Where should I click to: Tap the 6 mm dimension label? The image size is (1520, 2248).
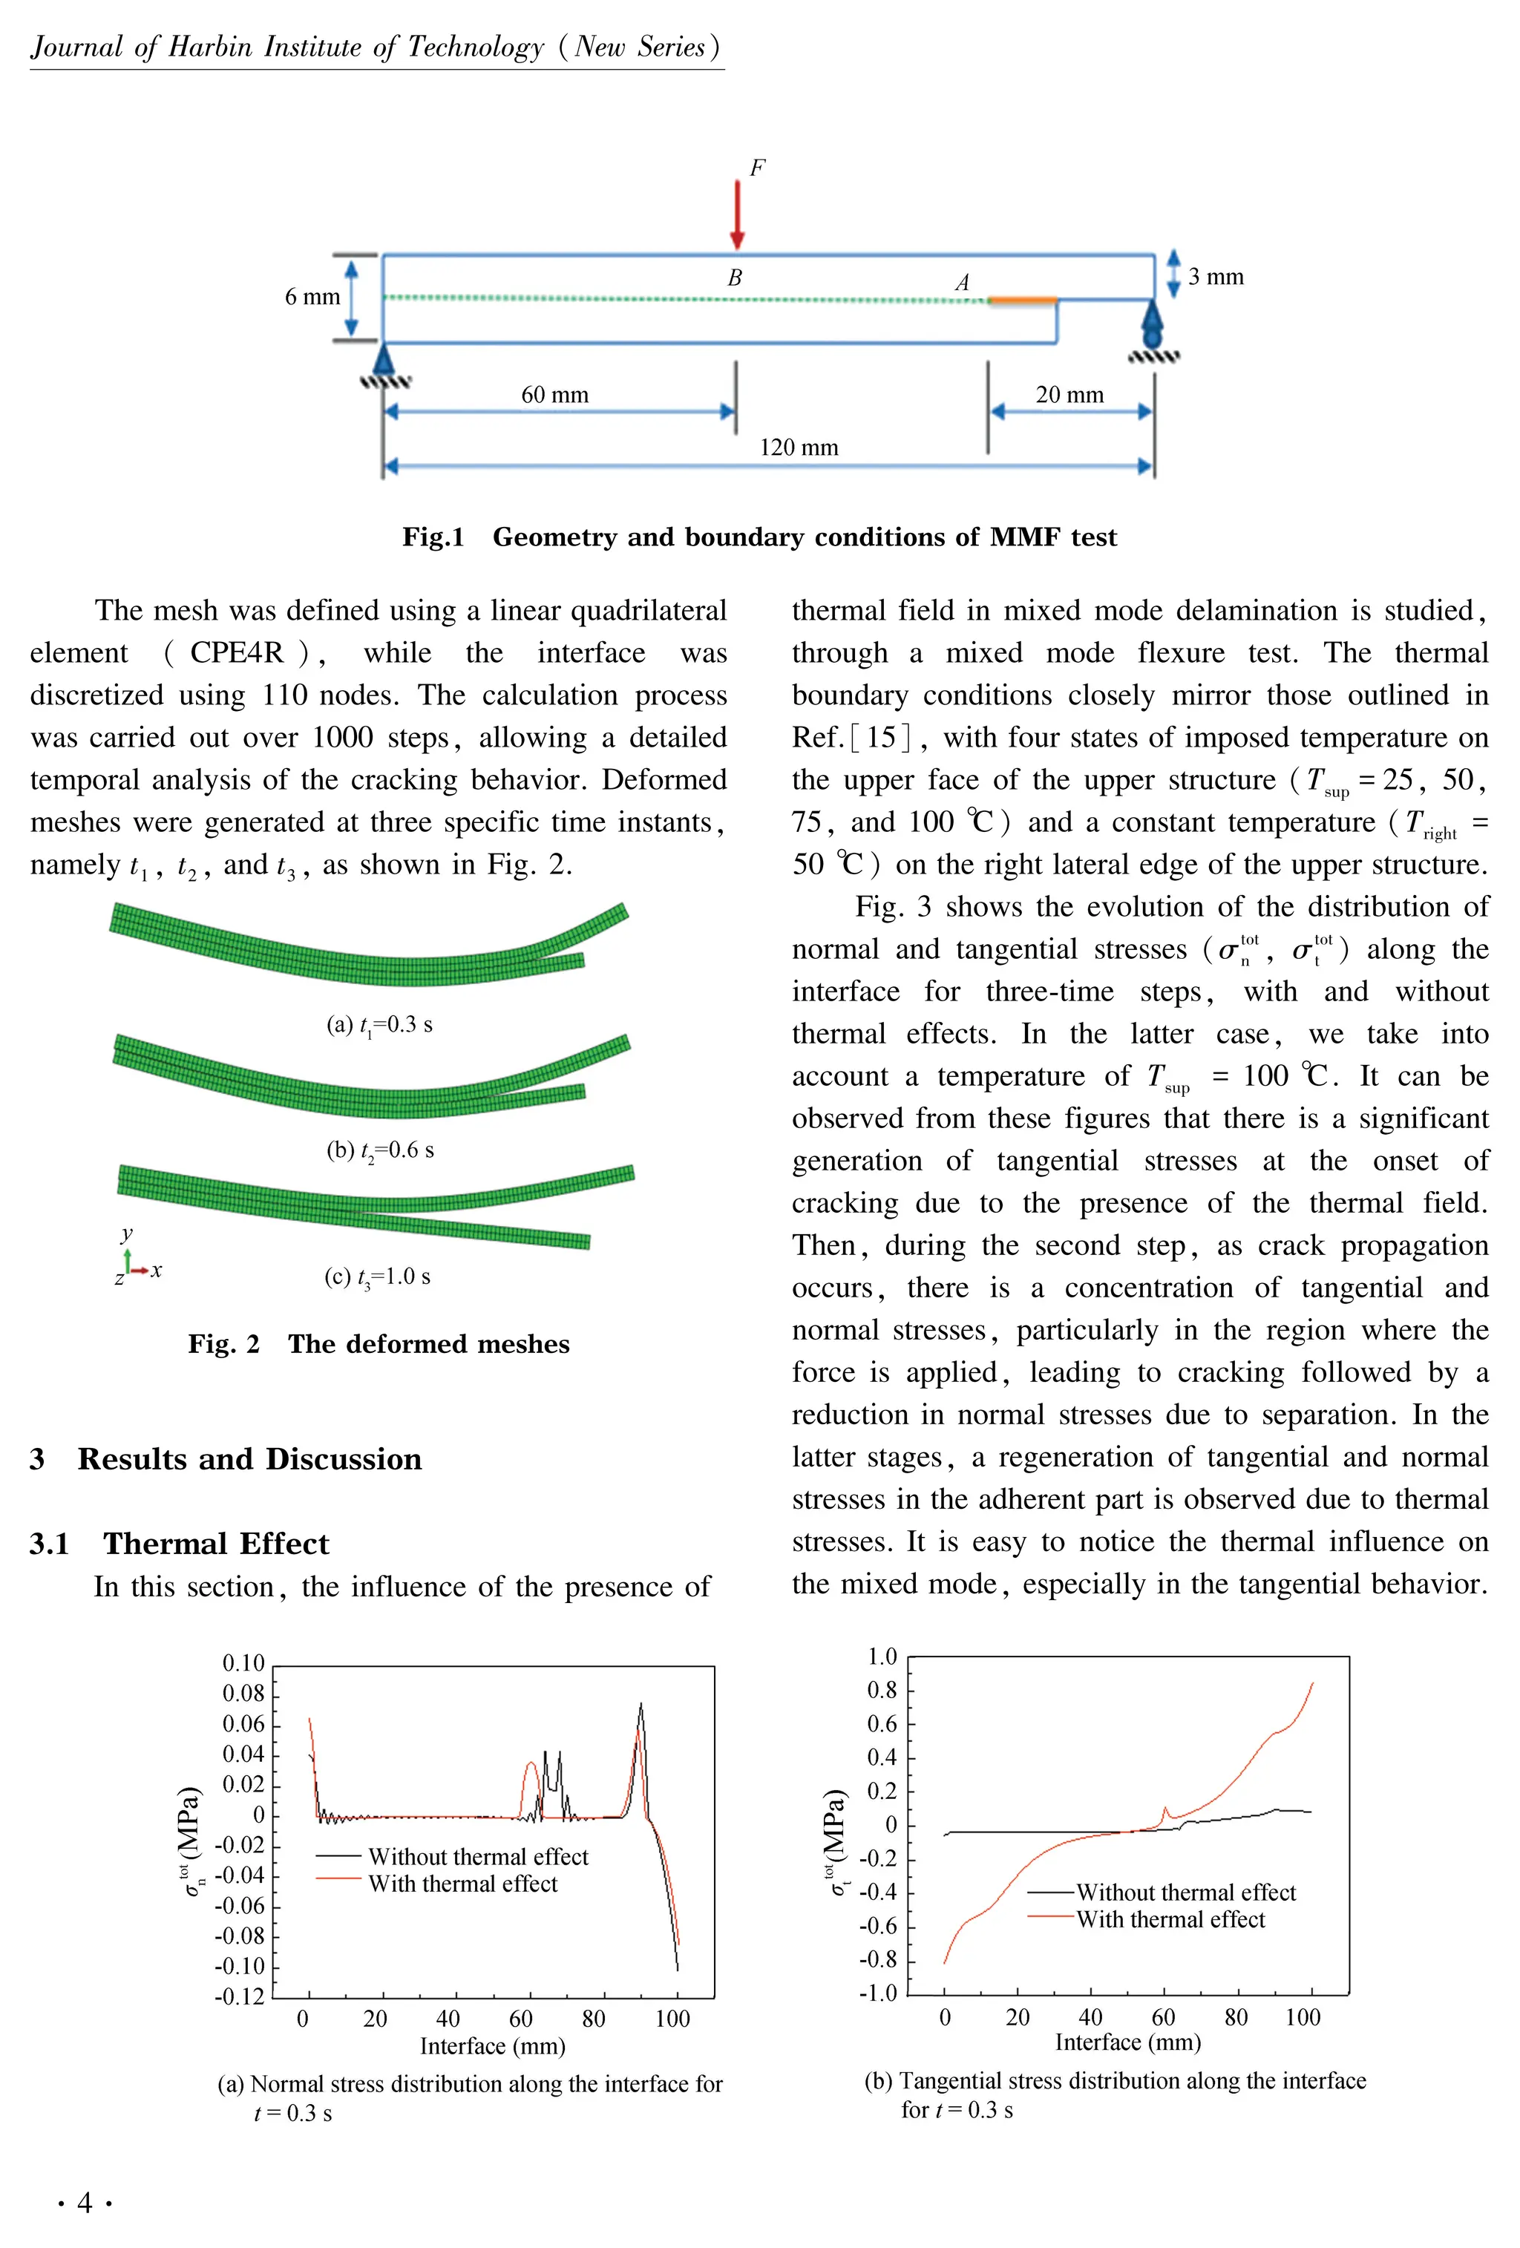pos(312,297)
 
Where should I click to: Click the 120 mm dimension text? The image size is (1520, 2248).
pos(798,447)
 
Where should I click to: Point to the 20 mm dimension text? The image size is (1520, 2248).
pos(1069,395)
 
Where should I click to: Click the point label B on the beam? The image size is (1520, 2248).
pos(734,278)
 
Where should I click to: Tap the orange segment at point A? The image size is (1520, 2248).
pos(1022,301)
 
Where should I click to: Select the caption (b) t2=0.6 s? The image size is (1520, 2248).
pos(379,1150)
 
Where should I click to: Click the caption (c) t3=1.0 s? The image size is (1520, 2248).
pos(377,1277)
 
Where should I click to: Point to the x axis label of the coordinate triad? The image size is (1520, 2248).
pos(157,1270)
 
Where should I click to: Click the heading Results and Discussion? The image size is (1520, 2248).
pos(249,1458)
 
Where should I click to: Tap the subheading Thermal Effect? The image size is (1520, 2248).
pos(216,1543)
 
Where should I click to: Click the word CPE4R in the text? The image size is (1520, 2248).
pos(236,653)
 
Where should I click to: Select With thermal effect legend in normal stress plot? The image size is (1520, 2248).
pos(462,1884)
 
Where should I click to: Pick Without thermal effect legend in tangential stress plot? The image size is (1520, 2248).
pos(1185,1892)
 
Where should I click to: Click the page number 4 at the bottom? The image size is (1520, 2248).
pos(85,2203)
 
